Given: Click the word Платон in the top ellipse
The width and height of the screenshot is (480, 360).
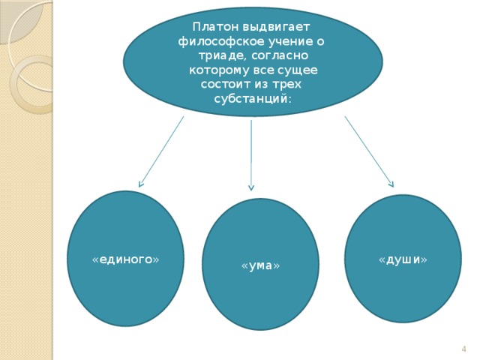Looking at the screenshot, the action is [215, 27].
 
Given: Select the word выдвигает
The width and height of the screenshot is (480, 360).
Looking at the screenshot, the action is [277, 28].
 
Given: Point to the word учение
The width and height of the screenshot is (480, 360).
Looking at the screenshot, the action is [291, 42].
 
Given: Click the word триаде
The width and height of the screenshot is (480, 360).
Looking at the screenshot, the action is [223, 56].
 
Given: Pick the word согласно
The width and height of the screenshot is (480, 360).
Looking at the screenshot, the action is [280, 56].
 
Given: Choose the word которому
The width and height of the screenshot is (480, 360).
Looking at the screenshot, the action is [219, 70].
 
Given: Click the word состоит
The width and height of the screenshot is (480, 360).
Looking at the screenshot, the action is [226, 84].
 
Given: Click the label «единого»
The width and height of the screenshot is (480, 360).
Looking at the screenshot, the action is [126, 259].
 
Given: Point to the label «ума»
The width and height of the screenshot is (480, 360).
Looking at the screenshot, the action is [260, 265].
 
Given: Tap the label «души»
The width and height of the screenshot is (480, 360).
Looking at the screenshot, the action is [403, 259].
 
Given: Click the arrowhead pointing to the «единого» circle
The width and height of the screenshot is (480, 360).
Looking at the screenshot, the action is [140, 184].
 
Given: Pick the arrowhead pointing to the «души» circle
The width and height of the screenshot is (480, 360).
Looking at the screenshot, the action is [391, 184].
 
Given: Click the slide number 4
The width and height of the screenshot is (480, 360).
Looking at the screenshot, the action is [463, 349].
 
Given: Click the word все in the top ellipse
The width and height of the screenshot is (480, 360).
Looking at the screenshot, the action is [263, 70].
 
